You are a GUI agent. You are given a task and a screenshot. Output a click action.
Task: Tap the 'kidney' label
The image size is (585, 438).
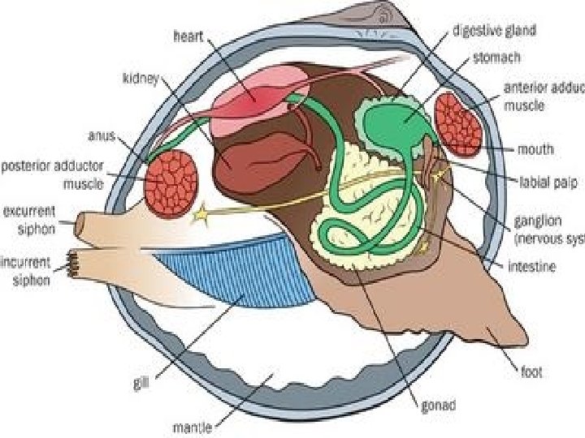[x=141, y=78]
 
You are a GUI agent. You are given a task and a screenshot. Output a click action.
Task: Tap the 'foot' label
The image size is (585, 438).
[x=531, y=374]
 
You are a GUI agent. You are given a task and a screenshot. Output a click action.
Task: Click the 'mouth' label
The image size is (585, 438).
[x=535, y=149]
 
